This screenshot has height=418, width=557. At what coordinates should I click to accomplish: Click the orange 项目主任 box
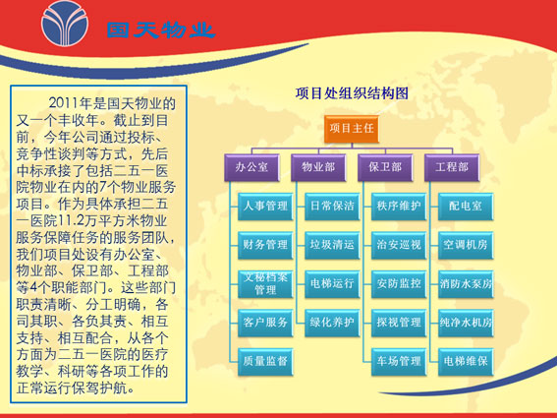pos(352,129)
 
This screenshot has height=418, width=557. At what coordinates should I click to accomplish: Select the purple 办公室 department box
pos(251,167)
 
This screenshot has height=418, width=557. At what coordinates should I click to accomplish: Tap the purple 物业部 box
pos(318,167)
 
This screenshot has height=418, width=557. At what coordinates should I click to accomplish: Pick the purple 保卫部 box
pos(385,167)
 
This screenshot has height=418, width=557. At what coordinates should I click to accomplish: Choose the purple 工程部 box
pos(452,167)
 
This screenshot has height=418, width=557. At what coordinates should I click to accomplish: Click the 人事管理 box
pos(265,207)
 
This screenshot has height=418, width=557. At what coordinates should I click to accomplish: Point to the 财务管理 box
pos(265,245)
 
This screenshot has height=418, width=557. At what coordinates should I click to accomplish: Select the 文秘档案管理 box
pos(265,284)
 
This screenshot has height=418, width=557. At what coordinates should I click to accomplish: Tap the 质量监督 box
pos(265,361)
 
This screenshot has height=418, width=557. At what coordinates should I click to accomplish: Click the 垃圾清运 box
pos(332,245)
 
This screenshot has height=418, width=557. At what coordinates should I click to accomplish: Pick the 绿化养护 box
pos(332,323)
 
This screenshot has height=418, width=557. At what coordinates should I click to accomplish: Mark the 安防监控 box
pos(399,284)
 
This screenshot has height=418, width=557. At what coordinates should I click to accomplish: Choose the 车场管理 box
pos(399,361)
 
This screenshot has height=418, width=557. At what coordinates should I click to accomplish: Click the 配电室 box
pos(466,207)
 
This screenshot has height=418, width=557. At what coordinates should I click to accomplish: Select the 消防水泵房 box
pos(466,284)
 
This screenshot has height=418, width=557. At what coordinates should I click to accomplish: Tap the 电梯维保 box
pos(466,361)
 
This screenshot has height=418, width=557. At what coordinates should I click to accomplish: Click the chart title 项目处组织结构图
pos(352,93)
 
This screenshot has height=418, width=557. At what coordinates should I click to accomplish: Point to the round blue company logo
pos(65,24)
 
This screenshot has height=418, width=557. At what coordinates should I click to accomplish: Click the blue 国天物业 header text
pos(161,30)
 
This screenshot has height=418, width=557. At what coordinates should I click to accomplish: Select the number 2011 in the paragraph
pos(64,103)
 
